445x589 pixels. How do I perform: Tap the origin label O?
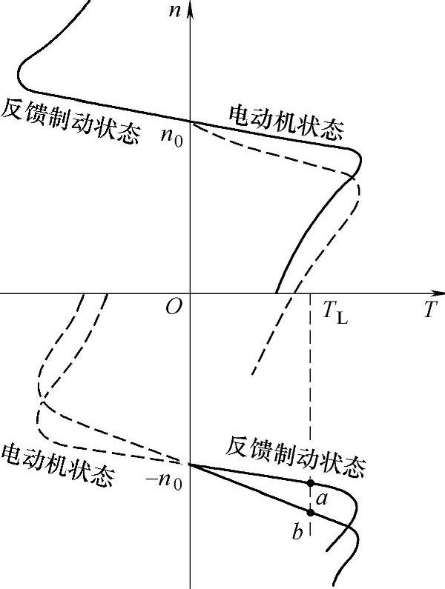(x=174, y=307)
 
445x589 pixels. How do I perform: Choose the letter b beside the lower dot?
(x=297, y=532)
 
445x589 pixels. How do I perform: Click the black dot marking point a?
(x=310, y=483)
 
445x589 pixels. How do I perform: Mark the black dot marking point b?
(x=310, y=512)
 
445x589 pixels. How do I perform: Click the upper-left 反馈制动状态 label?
(x=70, y=122)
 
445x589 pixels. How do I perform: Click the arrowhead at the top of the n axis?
(x=191, y=9)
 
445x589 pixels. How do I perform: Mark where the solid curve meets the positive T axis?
(x=276, y=293)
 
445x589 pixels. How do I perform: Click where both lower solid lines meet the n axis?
(x=191, y=465)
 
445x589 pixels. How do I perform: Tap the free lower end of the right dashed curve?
(x=253, y=373)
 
